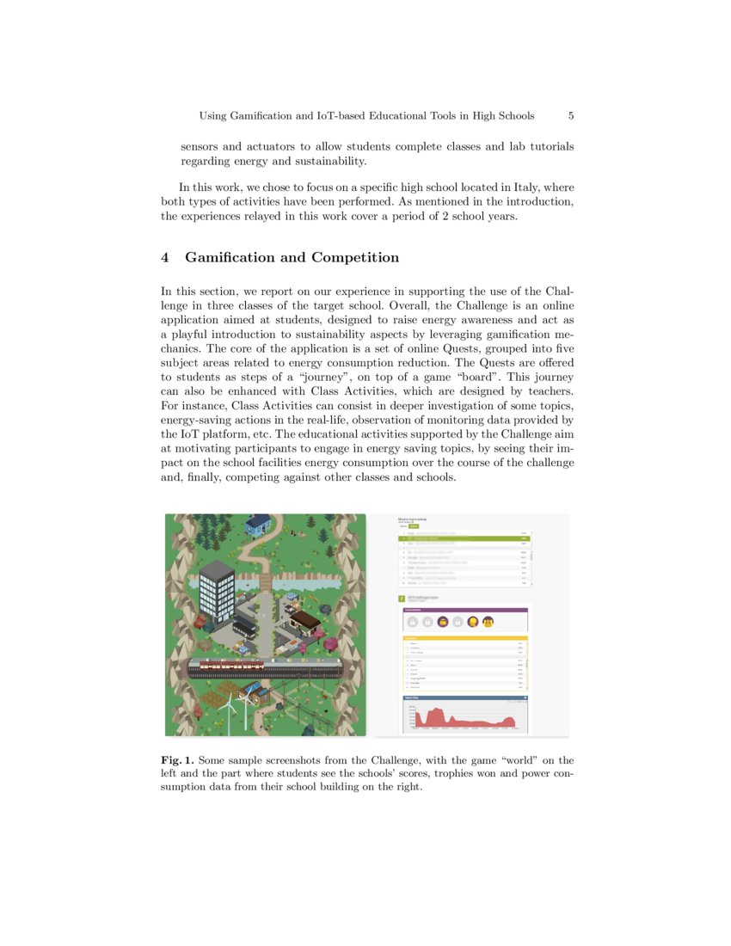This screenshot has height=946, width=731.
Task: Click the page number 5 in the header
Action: tap(571, 115)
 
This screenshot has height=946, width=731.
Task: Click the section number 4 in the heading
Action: tap(166, 257)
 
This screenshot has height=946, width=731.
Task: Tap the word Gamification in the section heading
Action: tap(230, 257)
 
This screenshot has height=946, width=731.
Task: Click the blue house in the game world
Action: tap(259, 523)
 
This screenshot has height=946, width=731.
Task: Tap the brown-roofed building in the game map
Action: tap(304, 620)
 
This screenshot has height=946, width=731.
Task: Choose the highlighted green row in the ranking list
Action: tap(464, 539)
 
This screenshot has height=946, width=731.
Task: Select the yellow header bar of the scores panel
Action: tap(464, 638)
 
